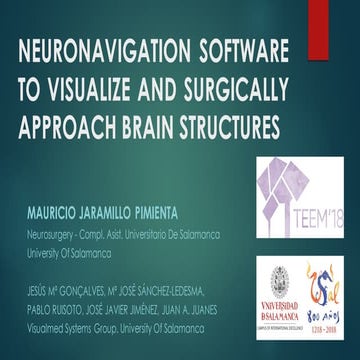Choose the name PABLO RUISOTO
[x=58, y=309]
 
